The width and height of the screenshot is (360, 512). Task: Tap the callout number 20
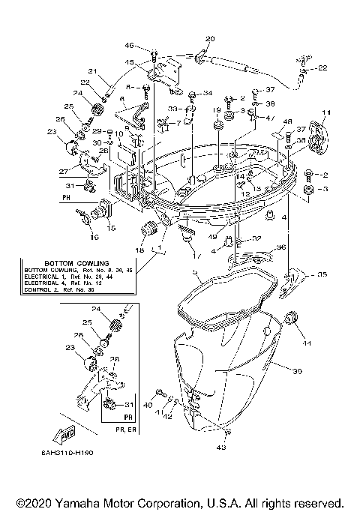209,38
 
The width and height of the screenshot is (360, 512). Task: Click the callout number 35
322,275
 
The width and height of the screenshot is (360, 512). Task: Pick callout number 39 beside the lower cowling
297,372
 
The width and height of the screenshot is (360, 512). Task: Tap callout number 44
307,343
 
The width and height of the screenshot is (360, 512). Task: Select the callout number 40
148,406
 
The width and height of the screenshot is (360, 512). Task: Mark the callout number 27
65,171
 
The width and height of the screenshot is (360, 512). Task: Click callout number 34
208,93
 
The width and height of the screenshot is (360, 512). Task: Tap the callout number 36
281,247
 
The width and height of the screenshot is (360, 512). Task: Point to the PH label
66,199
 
